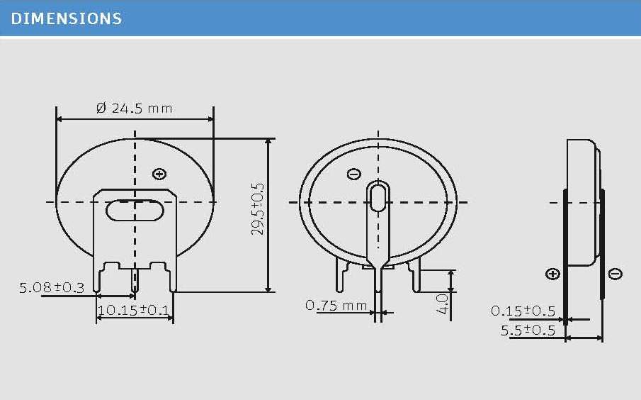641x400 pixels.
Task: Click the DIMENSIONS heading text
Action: [67, 18]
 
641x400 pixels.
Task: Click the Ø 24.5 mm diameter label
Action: [135, 108]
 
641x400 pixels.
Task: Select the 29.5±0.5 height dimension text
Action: [258, 209]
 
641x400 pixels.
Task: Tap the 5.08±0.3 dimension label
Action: [52, 287]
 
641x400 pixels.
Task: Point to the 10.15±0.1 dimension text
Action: [134, 310]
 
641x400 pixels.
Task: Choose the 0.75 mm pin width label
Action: [336, 305]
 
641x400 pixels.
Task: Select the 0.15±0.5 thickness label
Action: [523, 311]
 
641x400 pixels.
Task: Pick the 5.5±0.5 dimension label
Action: [528, 330]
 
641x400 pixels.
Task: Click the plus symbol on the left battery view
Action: [159, 174]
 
